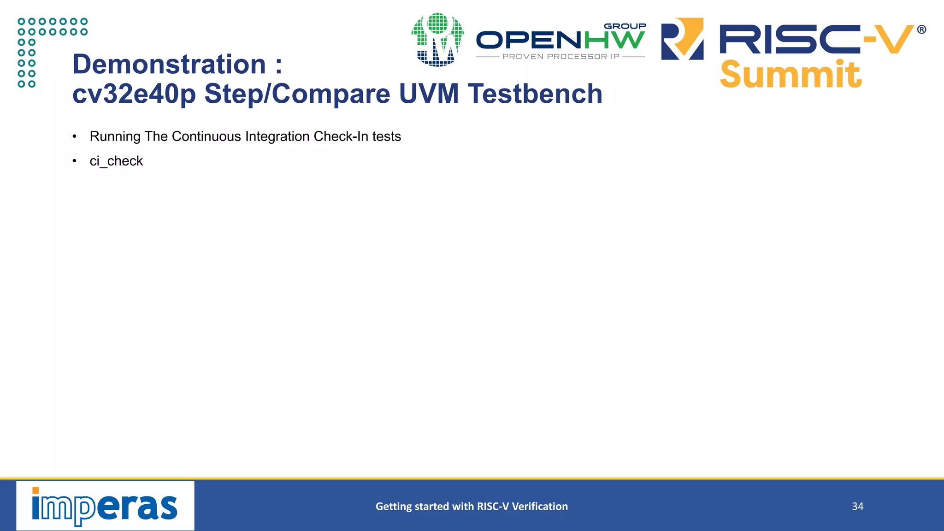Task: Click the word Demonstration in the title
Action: pos(169,65)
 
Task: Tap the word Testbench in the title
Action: pos(535,94)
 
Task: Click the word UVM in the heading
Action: pos(429,94)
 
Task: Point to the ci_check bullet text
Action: pos(116,161)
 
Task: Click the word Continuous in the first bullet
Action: pos(206,136)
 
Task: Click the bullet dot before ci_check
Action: pos(75,161)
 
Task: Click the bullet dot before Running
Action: pos(75,137)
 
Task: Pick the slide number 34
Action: pos(857,507)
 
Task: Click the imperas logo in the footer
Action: pos(105,506)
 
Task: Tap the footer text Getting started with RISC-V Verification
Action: pos(472,507)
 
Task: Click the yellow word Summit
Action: pos(790,75)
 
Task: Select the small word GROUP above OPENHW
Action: pos(625,26)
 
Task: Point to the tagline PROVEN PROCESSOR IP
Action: pos(560,57)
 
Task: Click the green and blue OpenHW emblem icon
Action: pos(437,40)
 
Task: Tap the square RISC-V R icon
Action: pos(682,39)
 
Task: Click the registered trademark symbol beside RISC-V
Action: pos(921,30)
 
